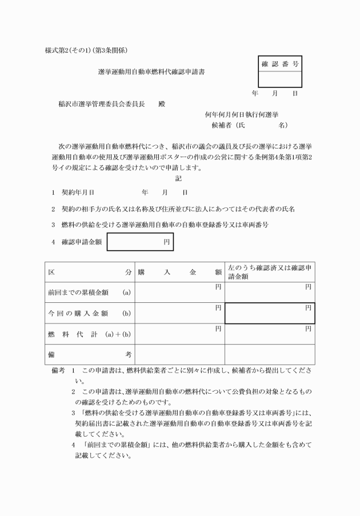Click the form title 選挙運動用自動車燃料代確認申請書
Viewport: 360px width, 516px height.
coord(151,73)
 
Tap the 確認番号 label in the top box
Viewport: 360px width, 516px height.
coord(280,64)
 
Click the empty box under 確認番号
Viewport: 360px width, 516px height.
coord(280,79)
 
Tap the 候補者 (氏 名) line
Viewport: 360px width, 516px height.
coord(249,125)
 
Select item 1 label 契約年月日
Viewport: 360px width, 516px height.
coord(78,193)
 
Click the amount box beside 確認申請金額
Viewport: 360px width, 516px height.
coord(140,242)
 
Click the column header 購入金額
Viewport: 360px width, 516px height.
coord(179,273)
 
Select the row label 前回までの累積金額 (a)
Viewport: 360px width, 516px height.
coord(89,293)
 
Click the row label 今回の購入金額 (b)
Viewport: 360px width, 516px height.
coord(89,313)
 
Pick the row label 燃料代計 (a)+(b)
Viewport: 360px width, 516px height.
coord(89,334)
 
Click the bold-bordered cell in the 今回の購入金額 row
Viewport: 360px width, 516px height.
coord(269,313)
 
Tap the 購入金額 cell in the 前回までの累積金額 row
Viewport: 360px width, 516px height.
coord(179,293)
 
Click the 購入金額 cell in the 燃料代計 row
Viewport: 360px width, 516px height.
coord(179,334)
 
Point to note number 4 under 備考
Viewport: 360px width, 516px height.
coord(74,443)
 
